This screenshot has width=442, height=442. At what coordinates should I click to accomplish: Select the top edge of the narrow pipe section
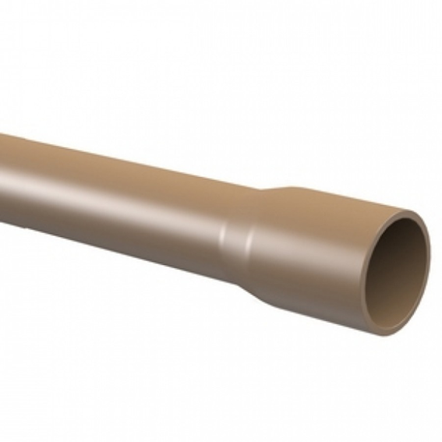click(x=117, y=156)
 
